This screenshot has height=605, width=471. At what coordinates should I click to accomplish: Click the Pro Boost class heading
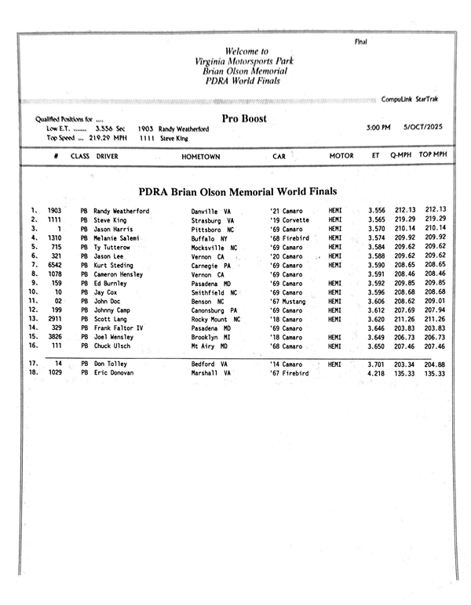coord(243,119)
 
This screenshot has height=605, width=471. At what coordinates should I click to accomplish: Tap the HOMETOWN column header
coord(201,157)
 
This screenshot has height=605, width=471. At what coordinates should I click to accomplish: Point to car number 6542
coord(54,266)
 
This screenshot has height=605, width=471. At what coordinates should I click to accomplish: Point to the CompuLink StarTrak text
coord(413,100)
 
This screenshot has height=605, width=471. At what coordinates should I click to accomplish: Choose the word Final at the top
coord(361,41)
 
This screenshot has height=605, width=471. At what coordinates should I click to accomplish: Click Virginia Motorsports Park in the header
coord(246,60)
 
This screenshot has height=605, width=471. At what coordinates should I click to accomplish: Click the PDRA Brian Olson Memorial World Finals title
coord(238,191)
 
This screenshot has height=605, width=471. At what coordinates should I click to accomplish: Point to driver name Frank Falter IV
coord(118,328)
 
